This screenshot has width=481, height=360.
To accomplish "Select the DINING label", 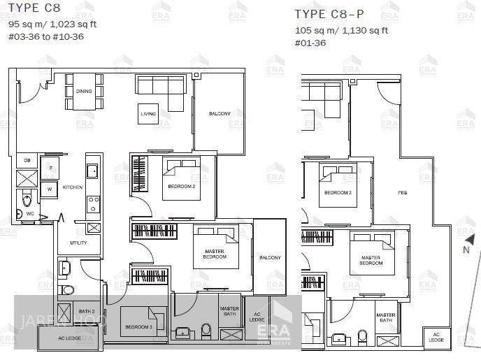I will tap(84, 92).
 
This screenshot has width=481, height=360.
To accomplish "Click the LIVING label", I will tap(148, 114).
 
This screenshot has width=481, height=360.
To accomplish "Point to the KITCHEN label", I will tap(73, 187).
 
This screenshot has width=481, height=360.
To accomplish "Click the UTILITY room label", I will tap(78, 243).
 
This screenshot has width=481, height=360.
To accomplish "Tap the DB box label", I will tap(27, 161).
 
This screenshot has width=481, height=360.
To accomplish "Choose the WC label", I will tap(30, 213).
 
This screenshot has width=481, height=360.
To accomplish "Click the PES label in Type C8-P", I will tap(402, 193).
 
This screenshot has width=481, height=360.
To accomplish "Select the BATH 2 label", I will tap(87, 311).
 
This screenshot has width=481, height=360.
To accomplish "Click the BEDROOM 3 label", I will tap(138, 326).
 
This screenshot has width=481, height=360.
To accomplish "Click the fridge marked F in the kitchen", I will tap(50, 168).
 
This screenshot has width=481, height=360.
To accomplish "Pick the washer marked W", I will tap(50, 188).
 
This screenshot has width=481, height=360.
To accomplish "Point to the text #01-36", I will tap(310, 43).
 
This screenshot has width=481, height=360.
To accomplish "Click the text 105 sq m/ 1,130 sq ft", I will tap(341, 31).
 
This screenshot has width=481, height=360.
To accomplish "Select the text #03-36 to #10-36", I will tap(46, 36).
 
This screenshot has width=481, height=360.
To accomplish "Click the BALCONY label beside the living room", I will tap(220, 114).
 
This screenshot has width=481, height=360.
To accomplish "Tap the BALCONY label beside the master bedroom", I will tap(270, 258).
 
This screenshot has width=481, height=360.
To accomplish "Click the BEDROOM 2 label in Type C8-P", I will tap(337, 192).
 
